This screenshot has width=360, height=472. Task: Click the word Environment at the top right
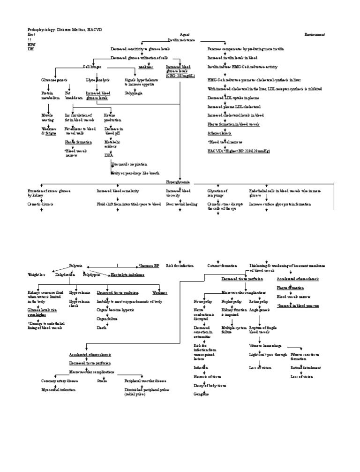tap(315, 35)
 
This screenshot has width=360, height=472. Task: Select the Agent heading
tap(185, 35)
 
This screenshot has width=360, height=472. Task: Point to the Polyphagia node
tap(134, 93)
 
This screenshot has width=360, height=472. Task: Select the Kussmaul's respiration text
tap(129, 164)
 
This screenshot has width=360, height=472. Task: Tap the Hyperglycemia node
tap(178, 182)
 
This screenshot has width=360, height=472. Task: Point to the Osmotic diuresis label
tap(40, 205)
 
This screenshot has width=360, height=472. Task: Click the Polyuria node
tap(75, 266)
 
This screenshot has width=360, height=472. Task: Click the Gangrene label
tap(201, 394)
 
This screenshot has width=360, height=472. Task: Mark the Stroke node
tap(102, 381)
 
